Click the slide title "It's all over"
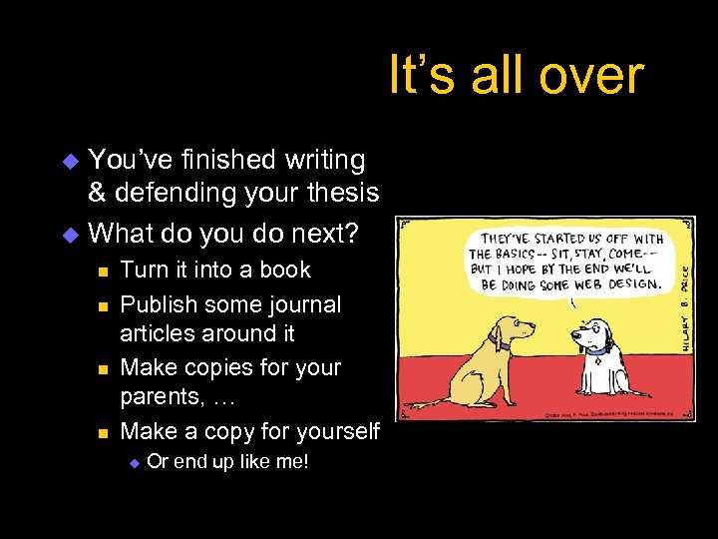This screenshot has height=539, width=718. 516,75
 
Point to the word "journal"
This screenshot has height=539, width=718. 297,304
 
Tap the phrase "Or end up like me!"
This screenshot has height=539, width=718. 227,462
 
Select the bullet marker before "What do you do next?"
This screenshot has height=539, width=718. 70,236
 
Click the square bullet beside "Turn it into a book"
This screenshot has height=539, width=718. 101,271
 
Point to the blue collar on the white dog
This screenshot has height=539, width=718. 597,349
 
